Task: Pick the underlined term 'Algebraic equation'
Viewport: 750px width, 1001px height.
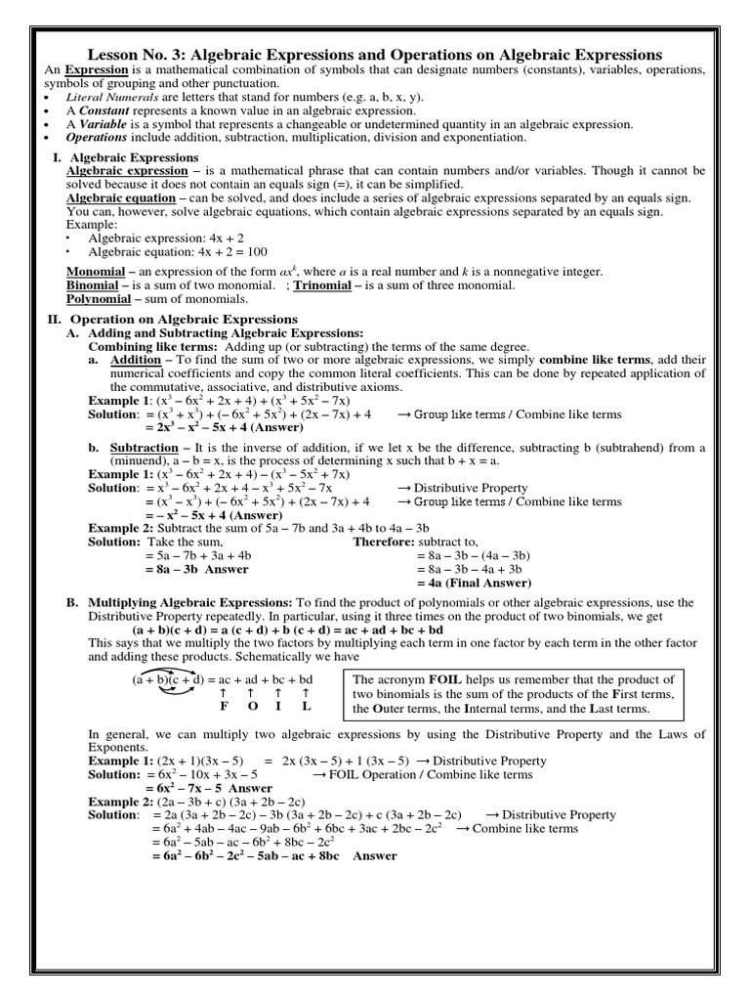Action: pyautogui.click(x=119, y=197)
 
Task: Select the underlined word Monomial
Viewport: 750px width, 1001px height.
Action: pyautogui.click(x=96, y=271)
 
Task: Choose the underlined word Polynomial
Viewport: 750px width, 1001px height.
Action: pyautogui.click(x=99, y=299)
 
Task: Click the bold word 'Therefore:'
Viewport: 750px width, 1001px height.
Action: pyautogui.click(x=384, y=541)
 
